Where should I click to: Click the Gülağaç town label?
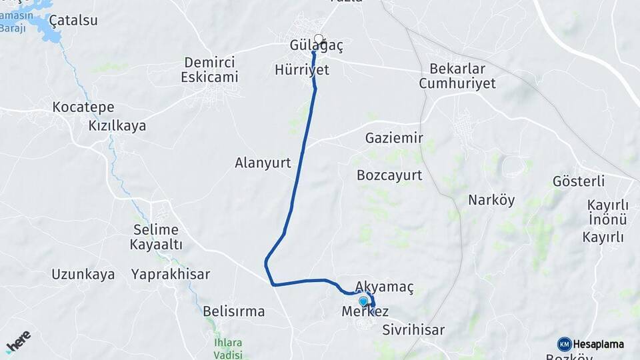coord(317,46)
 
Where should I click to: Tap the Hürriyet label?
coord(302,69)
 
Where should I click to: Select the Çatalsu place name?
coord(73,20)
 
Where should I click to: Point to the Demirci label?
coord(209,63)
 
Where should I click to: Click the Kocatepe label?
coord(83,107)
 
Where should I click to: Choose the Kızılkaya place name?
coord(117,125)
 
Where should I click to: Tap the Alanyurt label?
coord(263,162)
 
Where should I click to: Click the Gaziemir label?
coord(394,138)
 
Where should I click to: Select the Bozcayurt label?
coord(389,175)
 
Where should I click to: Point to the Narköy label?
coord(491,200)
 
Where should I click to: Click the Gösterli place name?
coord(579,181)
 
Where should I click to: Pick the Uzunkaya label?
coord(83,274)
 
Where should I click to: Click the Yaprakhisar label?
coord(171,274)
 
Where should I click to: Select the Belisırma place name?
coord(234,311)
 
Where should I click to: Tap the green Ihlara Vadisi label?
coord(229,349)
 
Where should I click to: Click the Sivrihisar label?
coord(413,329)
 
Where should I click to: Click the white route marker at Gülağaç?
coord(319,39)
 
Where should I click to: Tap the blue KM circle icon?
coord(564,344)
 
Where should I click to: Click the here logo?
coord(18,342)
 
